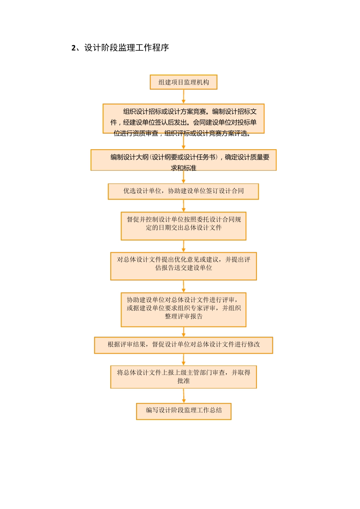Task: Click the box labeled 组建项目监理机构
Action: pos(183,82)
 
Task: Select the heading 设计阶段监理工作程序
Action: pos(127,48)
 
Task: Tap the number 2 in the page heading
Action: pos(74,48)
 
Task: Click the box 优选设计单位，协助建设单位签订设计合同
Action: pos(183,191)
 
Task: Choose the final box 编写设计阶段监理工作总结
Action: pos(184,411)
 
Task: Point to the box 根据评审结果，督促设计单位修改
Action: pos(183,345)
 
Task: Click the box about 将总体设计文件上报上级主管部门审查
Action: pos(183,377)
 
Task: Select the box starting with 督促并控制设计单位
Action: pos(183,226)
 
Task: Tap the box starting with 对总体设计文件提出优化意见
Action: pos(183,266)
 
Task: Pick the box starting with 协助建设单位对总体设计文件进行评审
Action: pos(183,309)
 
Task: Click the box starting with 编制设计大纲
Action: pos(183,160)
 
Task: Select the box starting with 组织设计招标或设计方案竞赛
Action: pos(183,119)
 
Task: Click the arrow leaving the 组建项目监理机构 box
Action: pos(183,97)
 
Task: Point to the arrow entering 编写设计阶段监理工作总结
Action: pos(184,396)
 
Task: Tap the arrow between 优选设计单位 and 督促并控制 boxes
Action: pos(183,206)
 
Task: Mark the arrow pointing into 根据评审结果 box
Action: pos(183,332)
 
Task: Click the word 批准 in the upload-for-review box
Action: pos(183,381)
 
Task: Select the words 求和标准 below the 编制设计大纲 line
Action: pos(183,168)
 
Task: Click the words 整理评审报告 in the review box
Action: pos(183,317)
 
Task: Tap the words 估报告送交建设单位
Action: pos(183,268)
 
